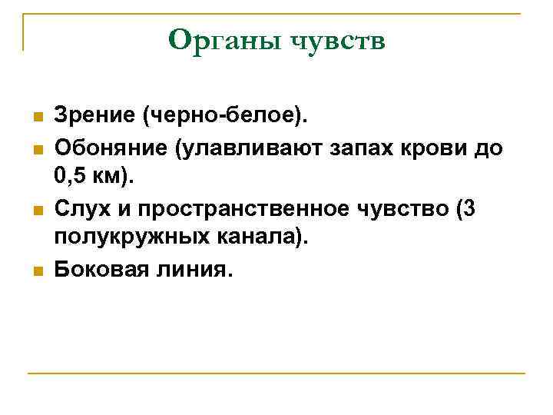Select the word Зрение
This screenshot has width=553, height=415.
tap(95, 116)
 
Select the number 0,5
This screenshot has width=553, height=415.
tap(71, 177)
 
